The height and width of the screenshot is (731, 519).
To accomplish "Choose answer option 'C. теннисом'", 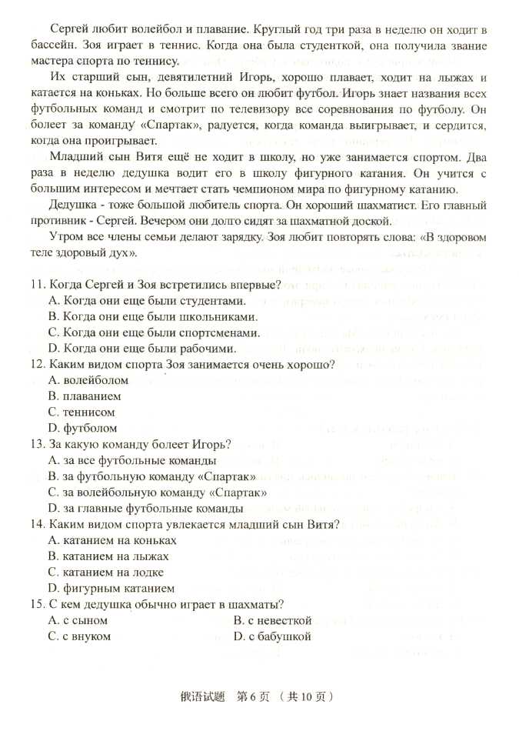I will click(x=81, y=412).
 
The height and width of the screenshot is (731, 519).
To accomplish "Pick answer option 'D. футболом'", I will click(x=82, y=428).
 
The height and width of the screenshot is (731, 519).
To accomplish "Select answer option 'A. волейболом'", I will click(x=88, y=380).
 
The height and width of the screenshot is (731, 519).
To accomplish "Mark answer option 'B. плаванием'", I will click(x=84, y=396).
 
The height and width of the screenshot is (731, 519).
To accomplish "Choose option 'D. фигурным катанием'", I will click(x=111, y=588).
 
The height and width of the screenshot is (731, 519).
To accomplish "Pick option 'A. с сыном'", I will click(x=78, y=620).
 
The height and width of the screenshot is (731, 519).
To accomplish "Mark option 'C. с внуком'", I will click(x=79, y=636).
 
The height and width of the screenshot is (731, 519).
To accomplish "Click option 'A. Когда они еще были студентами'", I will click(x=146, y=301).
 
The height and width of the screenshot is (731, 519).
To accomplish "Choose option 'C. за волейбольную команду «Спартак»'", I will click(x=157, y=492).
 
